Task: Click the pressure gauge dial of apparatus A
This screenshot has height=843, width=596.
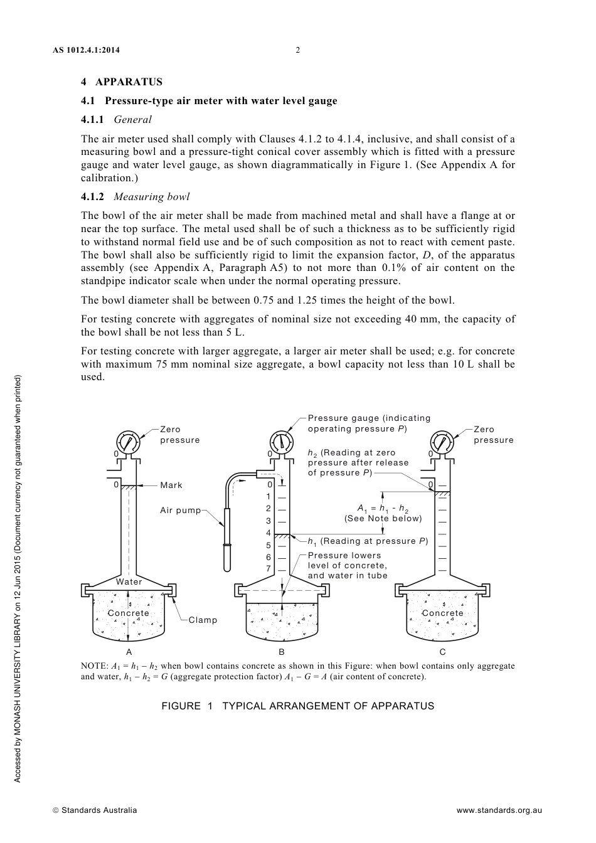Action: click(128, 442)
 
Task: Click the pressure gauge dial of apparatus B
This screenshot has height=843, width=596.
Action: click(282, 442)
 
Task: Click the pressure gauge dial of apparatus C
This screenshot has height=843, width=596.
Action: click(442, 442)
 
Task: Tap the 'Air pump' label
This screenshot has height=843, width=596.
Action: click(180, 510)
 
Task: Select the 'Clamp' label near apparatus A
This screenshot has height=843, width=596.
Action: click(203, 620)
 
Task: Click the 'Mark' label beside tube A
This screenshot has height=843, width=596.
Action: click(171, 485)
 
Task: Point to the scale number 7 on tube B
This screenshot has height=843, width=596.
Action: click(269, 569)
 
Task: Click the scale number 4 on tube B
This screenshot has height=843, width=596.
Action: click(269, 533)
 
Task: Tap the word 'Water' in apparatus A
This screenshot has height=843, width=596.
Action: click(129, 581)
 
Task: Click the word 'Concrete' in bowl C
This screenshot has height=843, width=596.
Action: click(442, 613)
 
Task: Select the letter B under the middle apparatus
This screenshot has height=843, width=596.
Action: click(282, 652)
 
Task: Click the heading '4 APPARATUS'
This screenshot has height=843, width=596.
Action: click(122, 82)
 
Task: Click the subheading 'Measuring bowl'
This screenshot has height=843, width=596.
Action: click(151, 196)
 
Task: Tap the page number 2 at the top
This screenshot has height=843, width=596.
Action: click(297, 50)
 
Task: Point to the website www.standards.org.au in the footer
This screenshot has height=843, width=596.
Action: click(499, 810)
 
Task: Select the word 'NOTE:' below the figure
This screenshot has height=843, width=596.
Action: click(94, 666)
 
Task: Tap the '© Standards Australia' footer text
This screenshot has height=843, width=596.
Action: click(95, 810)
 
